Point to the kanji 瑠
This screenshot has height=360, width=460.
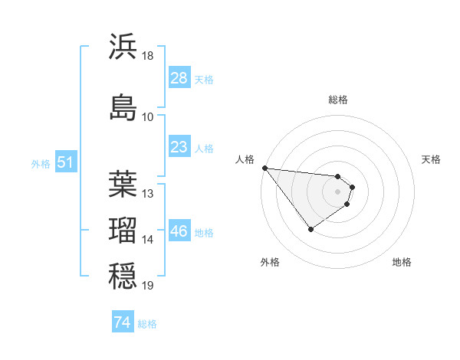click(x=123, y=230)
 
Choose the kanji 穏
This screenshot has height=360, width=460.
click(x=123, y=276)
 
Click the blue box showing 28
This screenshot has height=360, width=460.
click(x=179, y=78)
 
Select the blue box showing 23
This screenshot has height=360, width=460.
click(x=179, y=147)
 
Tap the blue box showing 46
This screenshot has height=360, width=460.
click(x=179, y=231)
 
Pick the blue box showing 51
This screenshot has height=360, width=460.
click(x=65, y=162)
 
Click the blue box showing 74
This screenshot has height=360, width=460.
click(x=122, y=322)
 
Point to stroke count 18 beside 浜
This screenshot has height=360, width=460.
click(x=148, y=56)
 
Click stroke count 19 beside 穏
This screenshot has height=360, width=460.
click(x=148, y=286)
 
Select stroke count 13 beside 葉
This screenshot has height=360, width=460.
click(x=148, y=194)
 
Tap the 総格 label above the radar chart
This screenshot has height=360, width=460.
click(x=338, y=100)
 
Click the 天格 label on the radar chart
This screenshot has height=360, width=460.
click(x=431, y=159)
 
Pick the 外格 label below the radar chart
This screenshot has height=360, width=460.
click(x=270, y=263)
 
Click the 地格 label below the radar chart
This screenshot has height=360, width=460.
click(x=402, y=263)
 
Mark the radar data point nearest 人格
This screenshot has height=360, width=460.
click(x=264, y=168)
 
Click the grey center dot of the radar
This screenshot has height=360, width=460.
click(x=338, y=191)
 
